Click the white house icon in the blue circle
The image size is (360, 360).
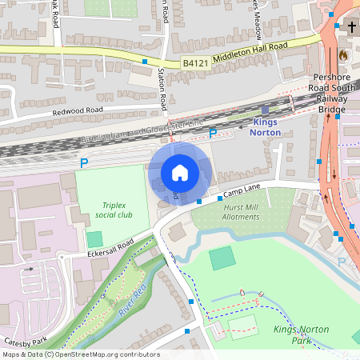coord(180,172)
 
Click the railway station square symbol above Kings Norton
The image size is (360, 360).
coord(266,110)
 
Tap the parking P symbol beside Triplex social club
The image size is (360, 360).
coord(83,164)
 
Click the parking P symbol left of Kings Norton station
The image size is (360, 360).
coord(213,134)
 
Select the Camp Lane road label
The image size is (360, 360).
coord(242,191)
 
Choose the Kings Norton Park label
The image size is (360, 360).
coord(303,334)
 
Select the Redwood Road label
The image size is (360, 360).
coord(78,110)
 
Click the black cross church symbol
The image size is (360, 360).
coord(351,27)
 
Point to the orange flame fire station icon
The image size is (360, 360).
coord(343,55)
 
